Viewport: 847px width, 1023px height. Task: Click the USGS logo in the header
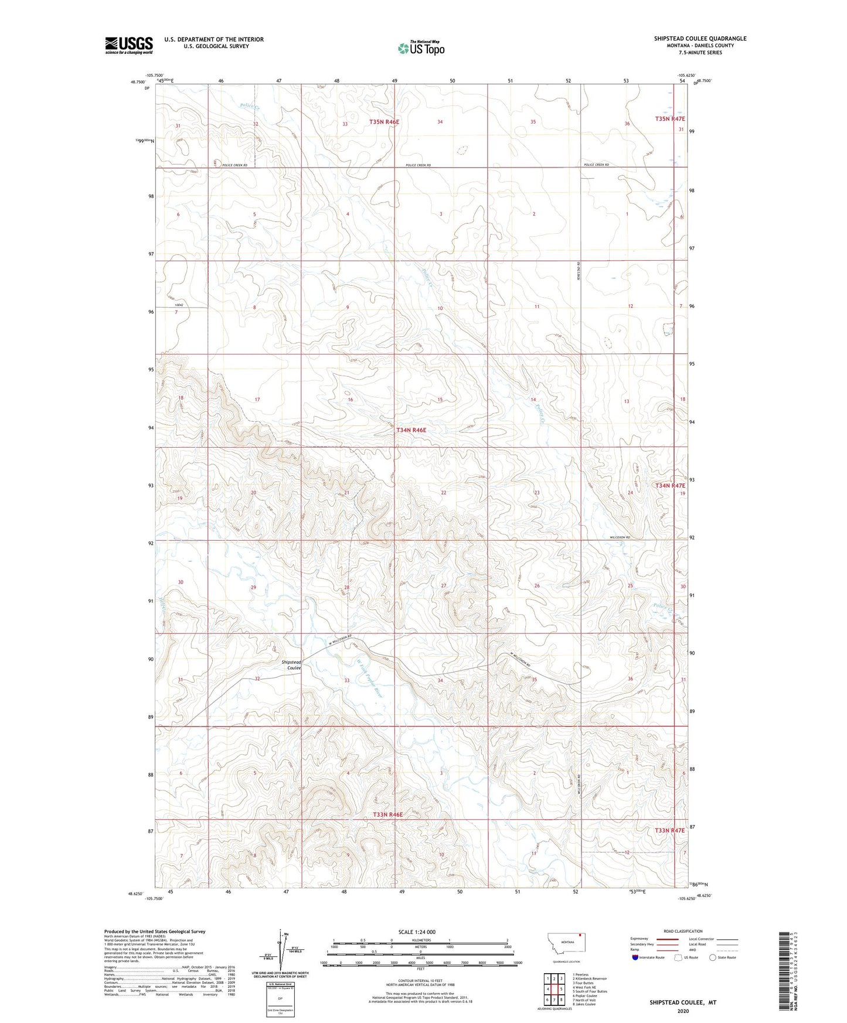click(129, 45)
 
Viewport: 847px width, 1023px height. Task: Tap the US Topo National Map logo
click(421, 48)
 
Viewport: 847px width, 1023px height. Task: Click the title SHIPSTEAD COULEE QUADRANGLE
click(700, 39)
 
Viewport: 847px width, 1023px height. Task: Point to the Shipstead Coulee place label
click(291, 665)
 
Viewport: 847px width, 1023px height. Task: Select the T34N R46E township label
click(411, 430)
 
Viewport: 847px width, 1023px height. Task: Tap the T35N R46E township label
click(384, 122)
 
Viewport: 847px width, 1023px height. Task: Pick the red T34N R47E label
click(669, 486)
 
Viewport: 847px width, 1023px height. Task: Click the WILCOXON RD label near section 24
click(620, 537)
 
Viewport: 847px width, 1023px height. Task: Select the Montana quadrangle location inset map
click(566, 944)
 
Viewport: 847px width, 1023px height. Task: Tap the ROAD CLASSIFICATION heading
click(683, 931)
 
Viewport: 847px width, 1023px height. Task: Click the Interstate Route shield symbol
click(635, 957)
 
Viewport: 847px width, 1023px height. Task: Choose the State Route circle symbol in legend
click(712, 957)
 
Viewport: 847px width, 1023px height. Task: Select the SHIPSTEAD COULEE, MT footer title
click(682, 1002)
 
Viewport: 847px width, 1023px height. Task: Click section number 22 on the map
click(444, 493)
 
